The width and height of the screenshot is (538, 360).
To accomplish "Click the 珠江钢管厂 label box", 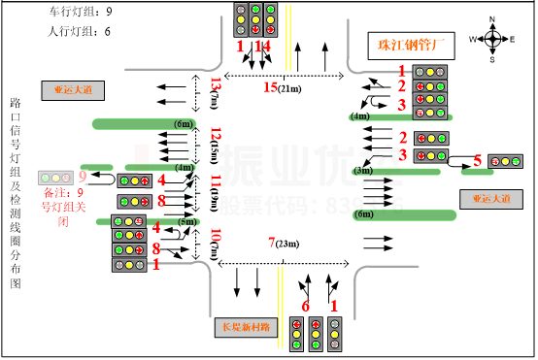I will [397, 46].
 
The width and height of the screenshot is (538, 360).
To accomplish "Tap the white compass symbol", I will [492, 39].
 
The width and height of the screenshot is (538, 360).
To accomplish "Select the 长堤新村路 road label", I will [246, 327].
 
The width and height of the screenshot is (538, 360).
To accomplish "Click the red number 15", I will [270, 87].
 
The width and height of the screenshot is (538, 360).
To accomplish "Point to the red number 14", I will [262, 46].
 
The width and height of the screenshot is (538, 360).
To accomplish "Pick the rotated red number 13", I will [216, 84].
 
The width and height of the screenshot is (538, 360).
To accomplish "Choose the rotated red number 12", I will [216, 134].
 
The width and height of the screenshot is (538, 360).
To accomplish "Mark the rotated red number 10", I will [216, 235].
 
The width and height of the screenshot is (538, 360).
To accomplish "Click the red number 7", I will [272, 242].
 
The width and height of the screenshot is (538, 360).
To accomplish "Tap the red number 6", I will [306, 307].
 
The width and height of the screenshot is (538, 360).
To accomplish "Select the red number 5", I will [477, 160].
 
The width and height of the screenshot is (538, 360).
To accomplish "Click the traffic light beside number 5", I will [505, 161].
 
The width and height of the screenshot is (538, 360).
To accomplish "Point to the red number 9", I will [83, 177].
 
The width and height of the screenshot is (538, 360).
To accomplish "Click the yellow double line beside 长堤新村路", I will [280, 293].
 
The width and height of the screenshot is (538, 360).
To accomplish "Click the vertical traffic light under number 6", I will [296, 334].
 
